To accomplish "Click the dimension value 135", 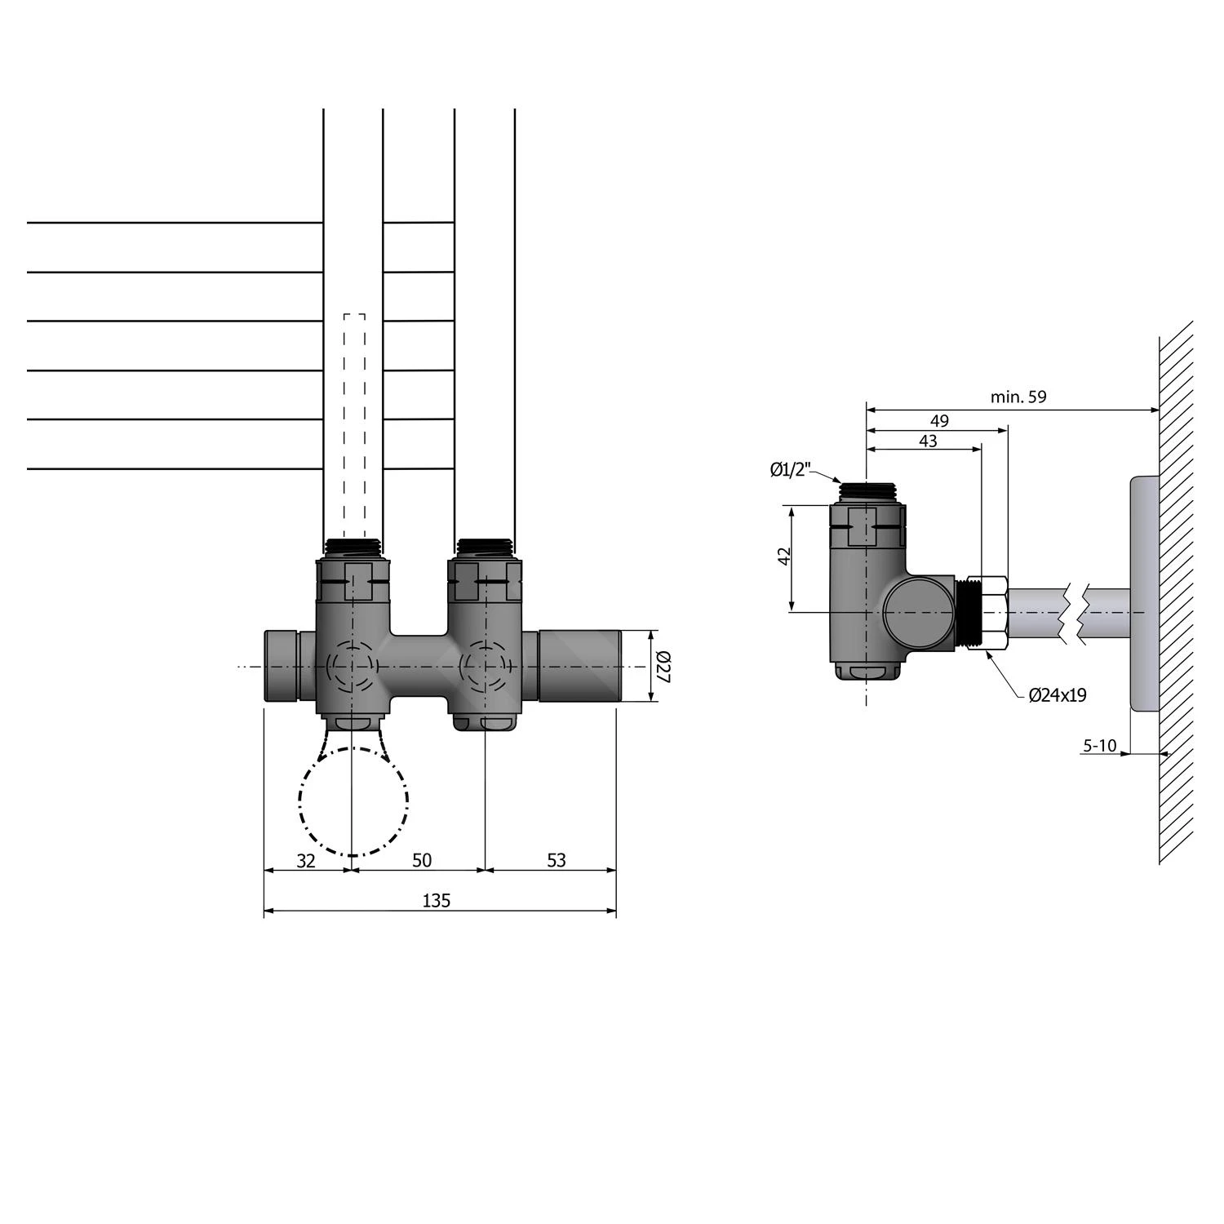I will pyautogui.click(x=437, y=901).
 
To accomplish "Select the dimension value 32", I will pyautogui.click(x=305, y=860).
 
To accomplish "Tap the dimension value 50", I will pyautogui.click(x=421, y=860).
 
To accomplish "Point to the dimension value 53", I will pyautogui.click(x=556, y=860).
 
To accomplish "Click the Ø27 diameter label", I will pyautogui.click(x=663, y=666).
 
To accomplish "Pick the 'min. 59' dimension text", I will pyautogui.click(x=1018, y=397).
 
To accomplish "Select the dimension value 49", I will pyautogui.click(x=939, y=421).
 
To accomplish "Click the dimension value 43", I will pyautogui.click(x=928, y=441).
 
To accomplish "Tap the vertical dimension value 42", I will pyautogui.click(x=784, y=557).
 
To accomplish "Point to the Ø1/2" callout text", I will pyautogui.click(x=790, y=469).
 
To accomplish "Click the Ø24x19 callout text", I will pyautogui.click(x=1058, y=695).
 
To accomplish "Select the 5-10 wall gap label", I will pyautogui.click(x=1099, y=745).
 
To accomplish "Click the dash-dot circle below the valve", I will pyautogui.click(x=353, y=801).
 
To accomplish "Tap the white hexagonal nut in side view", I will pyautogui.click(x=994, y=612).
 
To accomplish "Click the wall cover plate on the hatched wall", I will pyautogui.click(x=1144, y=593).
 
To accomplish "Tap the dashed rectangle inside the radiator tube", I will pyautogui.click(x=354, y=424).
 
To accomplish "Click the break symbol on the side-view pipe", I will pyautogui.click(x=1074, y=611).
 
